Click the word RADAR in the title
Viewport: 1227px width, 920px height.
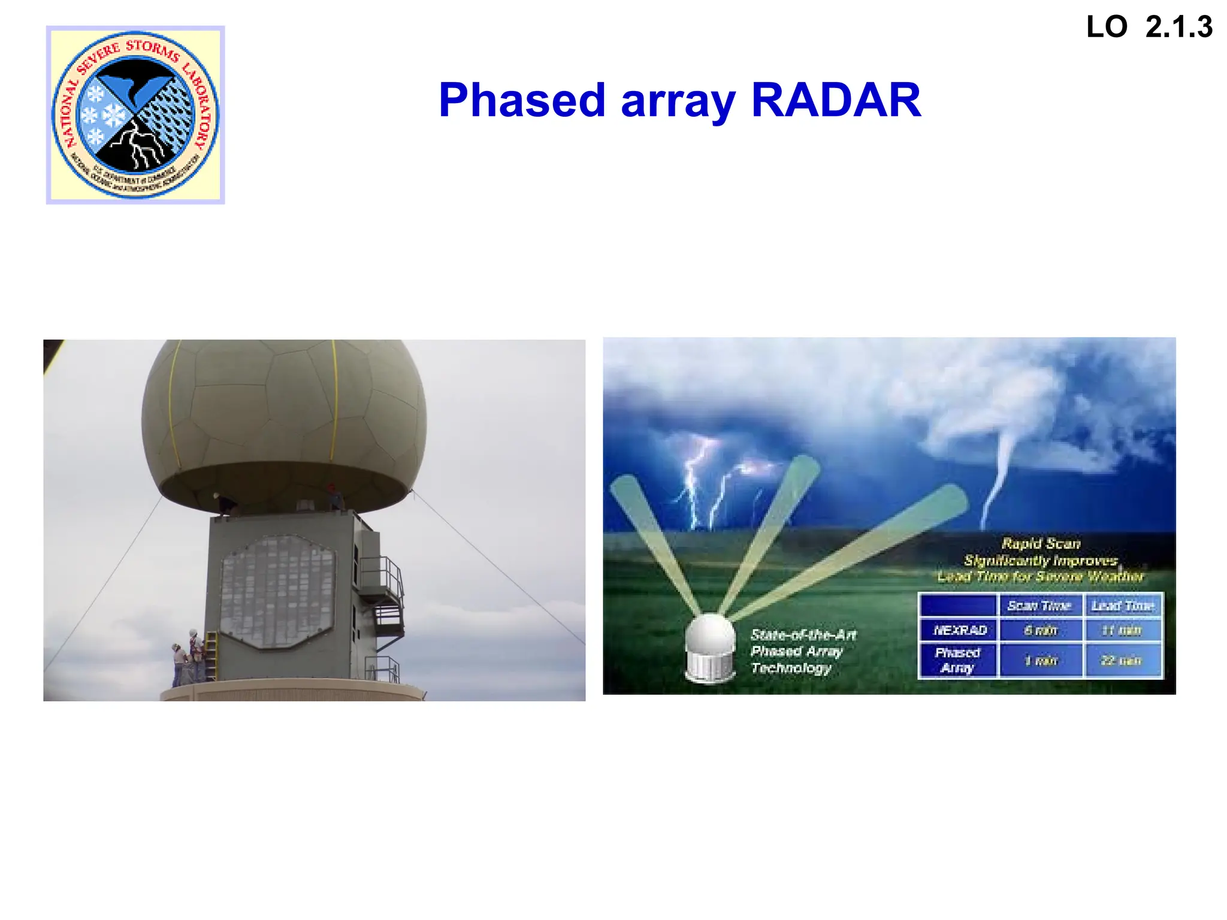click(836, 100)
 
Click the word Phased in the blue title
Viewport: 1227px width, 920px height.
click(522, 100)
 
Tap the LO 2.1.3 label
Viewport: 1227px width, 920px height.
click(1149, 28)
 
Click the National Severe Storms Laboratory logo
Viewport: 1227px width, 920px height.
click(135, 115)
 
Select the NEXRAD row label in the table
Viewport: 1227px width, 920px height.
click(960, 630)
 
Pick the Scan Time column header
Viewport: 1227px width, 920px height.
click(1039, 606)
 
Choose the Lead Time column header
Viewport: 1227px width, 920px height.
click(1123, 606)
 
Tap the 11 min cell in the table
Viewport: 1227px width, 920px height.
click(1122, 630)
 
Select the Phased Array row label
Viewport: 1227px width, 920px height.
click(957, 660)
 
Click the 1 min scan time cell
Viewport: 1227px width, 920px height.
click(1041, 661)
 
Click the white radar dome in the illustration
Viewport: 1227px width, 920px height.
click(711, 647)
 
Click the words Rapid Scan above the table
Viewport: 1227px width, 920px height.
click(1041, 544)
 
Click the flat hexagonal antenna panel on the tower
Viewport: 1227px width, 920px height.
click(277, 592)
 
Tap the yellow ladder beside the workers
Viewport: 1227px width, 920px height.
click(211, 656)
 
